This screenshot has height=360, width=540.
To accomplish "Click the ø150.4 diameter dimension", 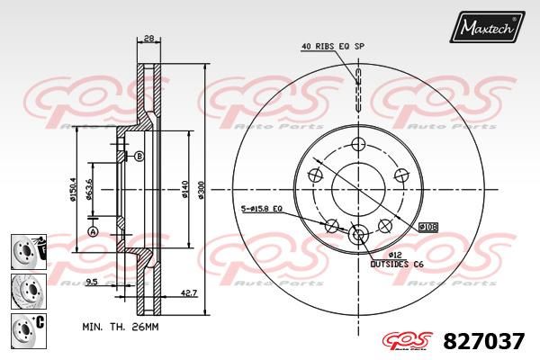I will click(x=73, y=189).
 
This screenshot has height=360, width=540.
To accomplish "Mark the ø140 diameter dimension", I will click(x=184, y=189).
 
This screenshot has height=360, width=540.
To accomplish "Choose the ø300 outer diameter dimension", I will click(x=202, y=189).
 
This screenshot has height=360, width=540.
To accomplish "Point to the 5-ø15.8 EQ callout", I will click(x=262, y=209).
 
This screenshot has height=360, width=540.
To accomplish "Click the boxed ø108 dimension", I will click(x=427, y=227).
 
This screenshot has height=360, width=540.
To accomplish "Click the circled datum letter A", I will click(x=93, y=231).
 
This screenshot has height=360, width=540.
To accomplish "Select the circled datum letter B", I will click(x=139, y=157).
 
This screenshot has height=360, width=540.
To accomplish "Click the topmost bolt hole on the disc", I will click(x=358, y=144).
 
